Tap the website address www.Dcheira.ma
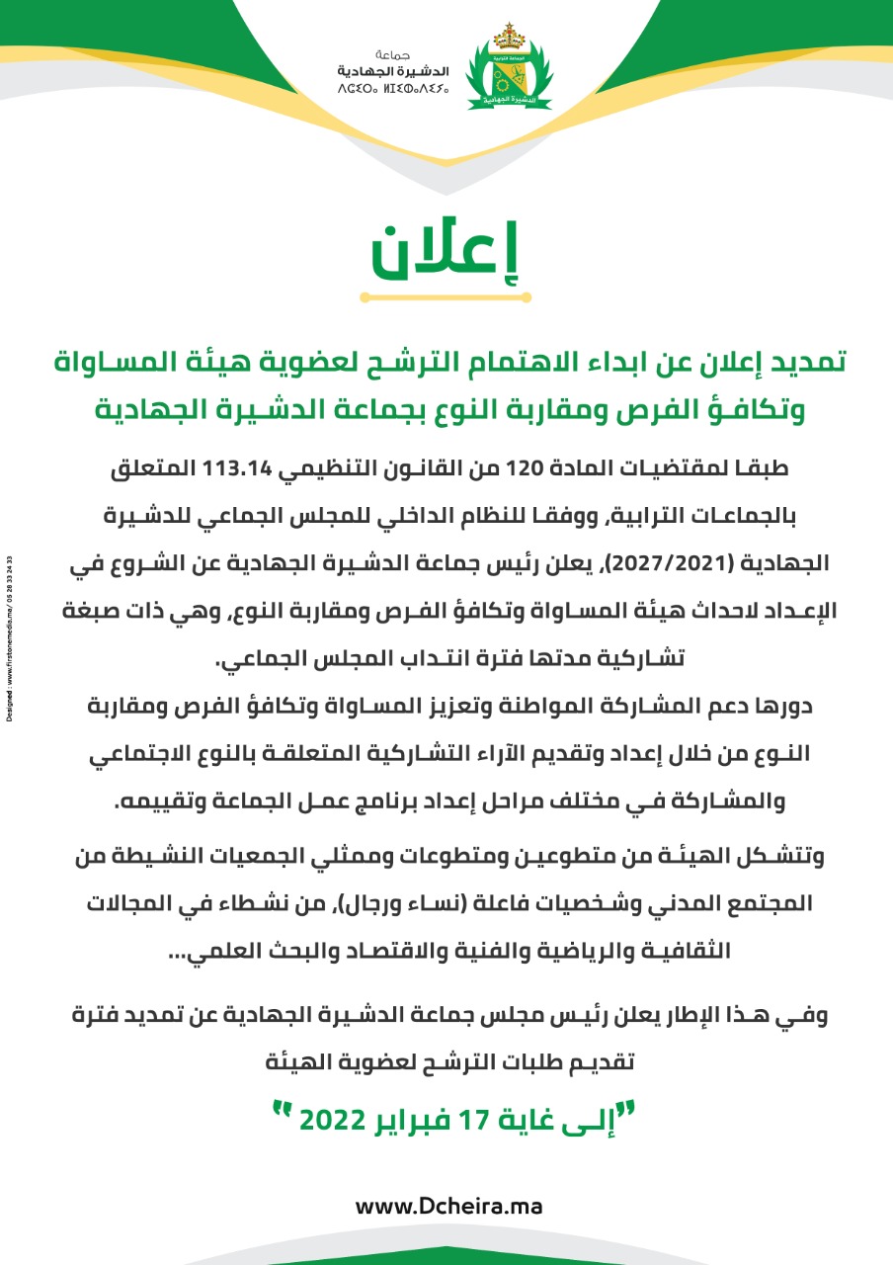(447, 1207)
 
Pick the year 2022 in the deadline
(332, 1120)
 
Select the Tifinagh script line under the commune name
(394, 89)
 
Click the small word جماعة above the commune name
(393, 53)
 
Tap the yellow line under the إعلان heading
(446, 296)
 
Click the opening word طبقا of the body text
(776, 468)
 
